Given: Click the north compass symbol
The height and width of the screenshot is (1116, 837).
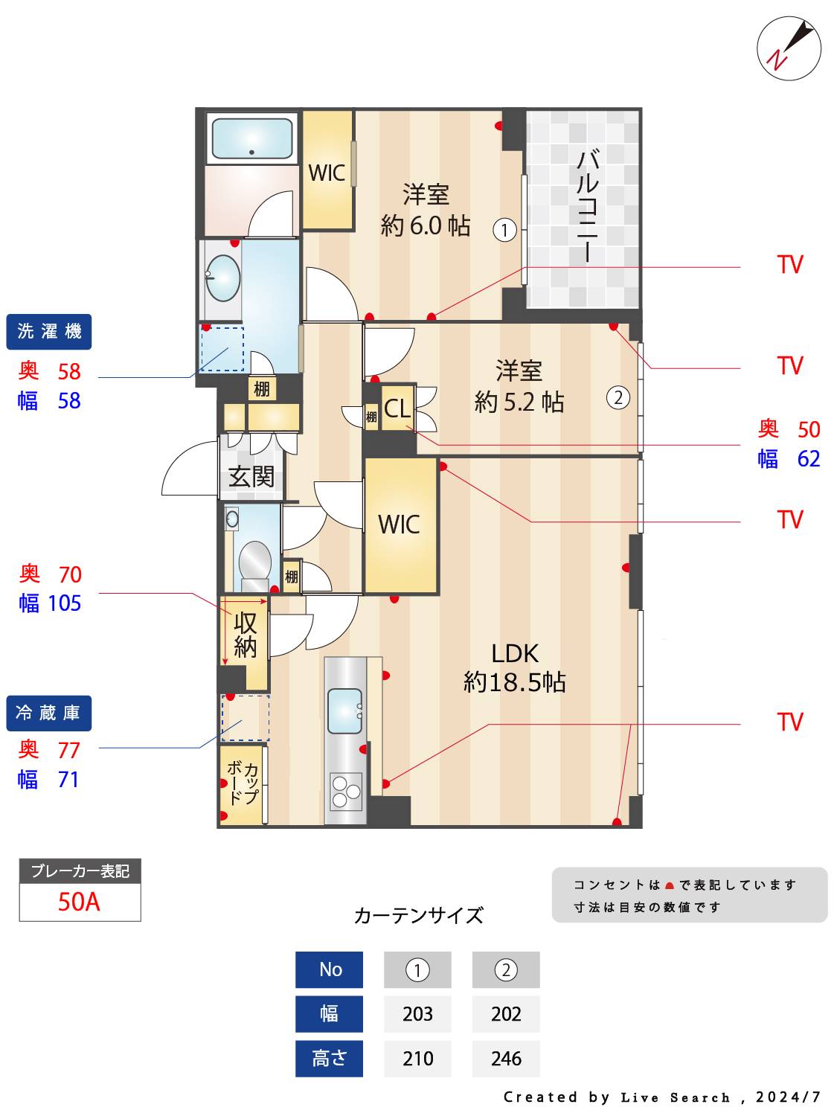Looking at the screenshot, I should [x=789, y=49].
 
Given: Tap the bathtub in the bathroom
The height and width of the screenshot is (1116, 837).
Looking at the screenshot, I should [x=251, y=139].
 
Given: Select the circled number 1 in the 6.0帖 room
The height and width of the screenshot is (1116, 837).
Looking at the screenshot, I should [x=504, y=230].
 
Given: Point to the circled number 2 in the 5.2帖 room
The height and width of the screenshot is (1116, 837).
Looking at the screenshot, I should [x=618, y=398].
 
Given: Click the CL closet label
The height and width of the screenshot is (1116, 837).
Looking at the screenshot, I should [x=397, y=408].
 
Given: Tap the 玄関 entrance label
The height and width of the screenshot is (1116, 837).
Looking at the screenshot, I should [x=251, y=476].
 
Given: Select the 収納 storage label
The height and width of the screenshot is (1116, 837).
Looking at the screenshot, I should [x=246, y=635].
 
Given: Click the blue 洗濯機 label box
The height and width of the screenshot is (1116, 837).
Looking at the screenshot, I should [x=49, y=332].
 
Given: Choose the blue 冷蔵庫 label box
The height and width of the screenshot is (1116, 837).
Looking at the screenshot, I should [x=49, y=713].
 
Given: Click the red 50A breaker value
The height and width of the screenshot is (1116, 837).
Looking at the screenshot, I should [x=80, y=902].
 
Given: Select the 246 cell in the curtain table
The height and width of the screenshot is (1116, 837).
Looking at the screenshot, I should [x=506, y=1059].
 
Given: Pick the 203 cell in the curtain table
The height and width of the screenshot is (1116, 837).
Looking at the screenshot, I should [x=417, y=1014].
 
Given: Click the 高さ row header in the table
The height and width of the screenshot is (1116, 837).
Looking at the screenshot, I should [x=329, y=1059].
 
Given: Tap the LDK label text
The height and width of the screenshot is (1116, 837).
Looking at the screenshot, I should [x=515, y=653].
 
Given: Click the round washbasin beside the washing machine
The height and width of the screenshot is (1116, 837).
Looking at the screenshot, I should [x=222, y=278].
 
